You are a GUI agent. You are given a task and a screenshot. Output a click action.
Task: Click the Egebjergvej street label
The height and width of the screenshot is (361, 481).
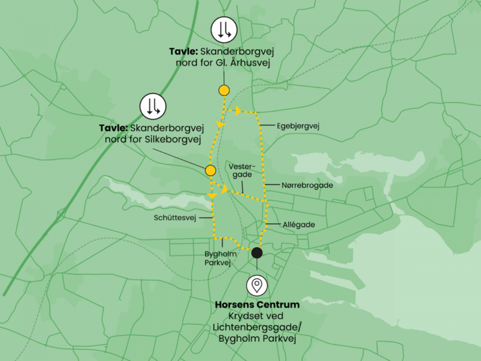(x=299, y=126)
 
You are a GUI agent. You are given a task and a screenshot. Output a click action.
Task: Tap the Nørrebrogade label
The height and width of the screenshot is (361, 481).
(x=307, y=185)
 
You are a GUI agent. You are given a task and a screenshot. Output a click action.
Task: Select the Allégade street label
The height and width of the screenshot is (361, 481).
(x=299, y=225)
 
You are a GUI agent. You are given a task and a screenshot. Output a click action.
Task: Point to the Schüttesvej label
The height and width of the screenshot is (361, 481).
(x=174, y=217)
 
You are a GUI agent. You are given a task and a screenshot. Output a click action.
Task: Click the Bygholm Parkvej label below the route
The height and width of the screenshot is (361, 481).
(x=221, y=258)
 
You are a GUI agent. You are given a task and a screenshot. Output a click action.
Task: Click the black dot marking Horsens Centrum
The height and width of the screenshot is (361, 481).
(x=257, y=252)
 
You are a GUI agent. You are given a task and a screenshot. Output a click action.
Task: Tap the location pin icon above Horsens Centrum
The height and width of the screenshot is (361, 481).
(x=257, y=284)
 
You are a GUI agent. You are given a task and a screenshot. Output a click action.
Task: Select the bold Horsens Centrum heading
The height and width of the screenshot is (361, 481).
(x=257, y=305)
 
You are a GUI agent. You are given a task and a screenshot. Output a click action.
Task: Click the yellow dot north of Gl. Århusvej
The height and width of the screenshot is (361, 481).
(x=224, y=90)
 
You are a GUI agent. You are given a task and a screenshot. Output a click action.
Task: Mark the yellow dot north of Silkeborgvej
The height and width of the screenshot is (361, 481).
(x=211, y=170)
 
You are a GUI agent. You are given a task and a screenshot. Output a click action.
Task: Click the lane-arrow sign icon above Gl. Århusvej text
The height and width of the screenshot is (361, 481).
(x=224, y=30)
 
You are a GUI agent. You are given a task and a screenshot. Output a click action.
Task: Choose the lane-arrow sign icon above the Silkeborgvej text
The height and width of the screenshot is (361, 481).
(x=153, y=106)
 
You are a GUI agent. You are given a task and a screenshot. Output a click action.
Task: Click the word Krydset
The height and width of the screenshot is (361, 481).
(x=242, y=316)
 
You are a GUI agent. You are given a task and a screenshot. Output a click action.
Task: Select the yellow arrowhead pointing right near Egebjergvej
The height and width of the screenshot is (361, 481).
(x=238, y=110)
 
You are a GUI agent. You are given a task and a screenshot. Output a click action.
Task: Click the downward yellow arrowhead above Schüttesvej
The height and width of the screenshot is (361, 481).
(x=212, y=195)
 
